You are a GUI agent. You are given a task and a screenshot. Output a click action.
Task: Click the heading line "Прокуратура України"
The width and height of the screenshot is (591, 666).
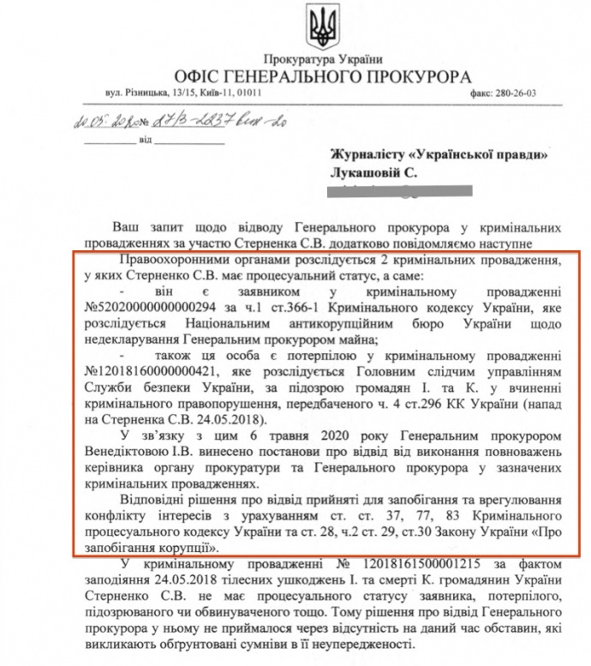click(x=324, y=59)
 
